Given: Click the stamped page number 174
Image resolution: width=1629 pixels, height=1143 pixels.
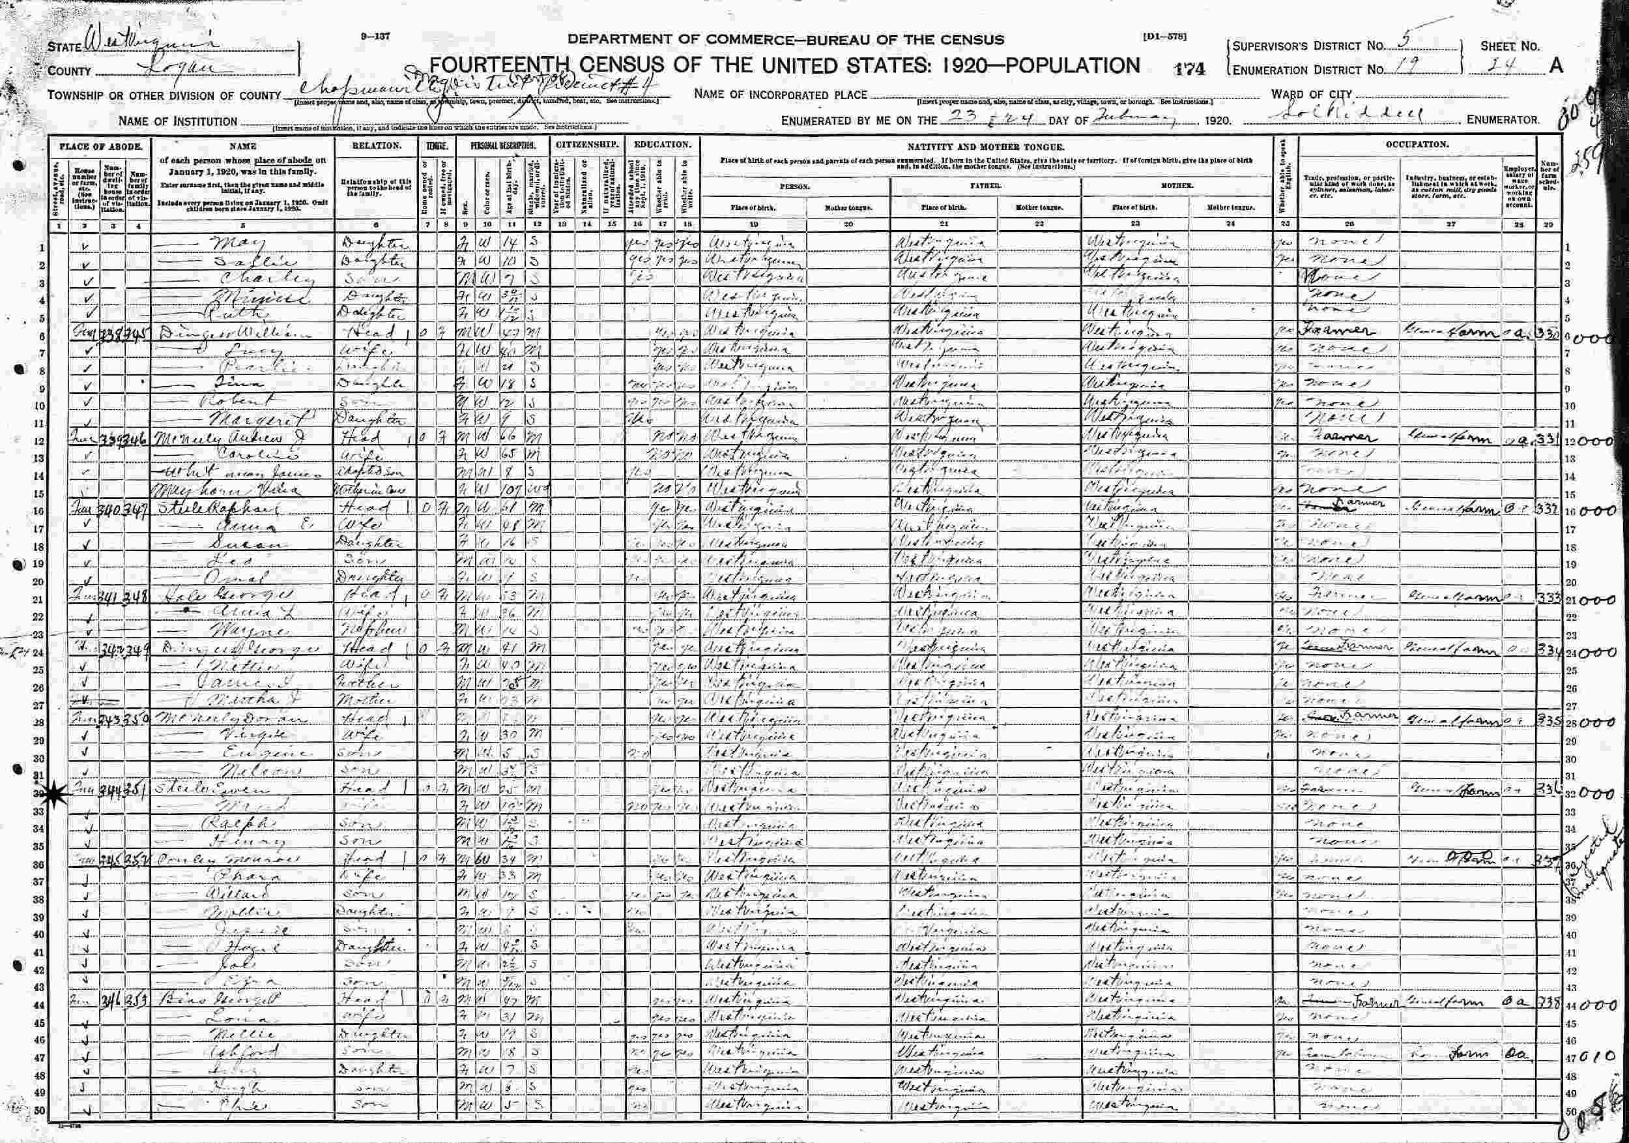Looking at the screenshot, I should click(x=1190, y=68).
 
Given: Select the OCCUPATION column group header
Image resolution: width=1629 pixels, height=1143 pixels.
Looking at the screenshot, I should click(x=1417, y=144).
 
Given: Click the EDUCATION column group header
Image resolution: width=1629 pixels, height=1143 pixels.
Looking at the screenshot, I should click(x=663, y=144).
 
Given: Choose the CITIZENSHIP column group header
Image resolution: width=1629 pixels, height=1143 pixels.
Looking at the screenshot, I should click(x=588, y=144).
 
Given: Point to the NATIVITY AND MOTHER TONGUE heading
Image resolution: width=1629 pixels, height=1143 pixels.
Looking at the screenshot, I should click(x=987, y=145).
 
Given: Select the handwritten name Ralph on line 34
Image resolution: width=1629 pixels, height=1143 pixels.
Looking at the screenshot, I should click(x=225, y=824).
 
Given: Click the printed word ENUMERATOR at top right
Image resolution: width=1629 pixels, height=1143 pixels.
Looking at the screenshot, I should click(x=1503, y=120).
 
